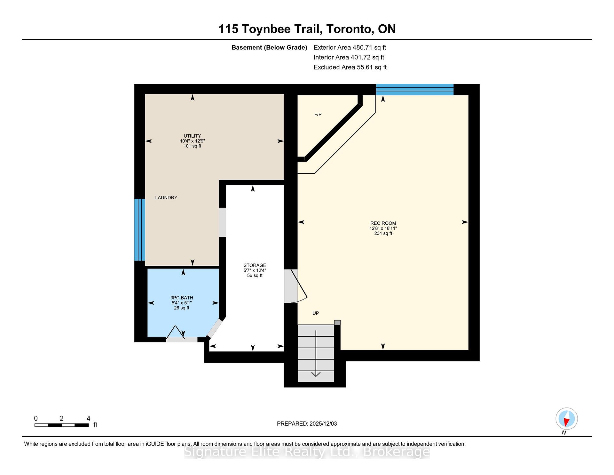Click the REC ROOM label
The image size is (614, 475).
(383, 223)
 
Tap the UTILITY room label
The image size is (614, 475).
(192, 136)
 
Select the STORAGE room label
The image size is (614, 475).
(255, 265)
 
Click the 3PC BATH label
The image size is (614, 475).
(182, 298)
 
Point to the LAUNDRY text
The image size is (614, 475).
(166, 198)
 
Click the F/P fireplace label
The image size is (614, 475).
(318, 115)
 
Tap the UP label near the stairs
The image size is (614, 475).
(316, 313)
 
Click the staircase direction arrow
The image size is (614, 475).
(316, 355)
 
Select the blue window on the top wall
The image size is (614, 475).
(414, 90)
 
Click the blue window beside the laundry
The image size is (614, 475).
(139, 229)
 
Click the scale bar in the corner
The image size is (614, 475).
(61, 425)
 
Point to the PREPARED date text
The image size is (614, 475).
(307, 424)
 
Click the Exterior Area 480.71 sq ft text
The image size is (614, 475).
(350, 48)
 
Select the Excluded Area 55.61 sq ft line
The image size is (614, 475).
(350, 67)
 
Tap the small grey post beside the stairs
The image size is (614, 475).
(337, 323)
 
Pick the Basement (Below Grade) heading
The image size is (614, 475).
(269, 48)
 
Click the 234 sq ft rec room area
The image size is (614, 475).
(383, 234)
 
